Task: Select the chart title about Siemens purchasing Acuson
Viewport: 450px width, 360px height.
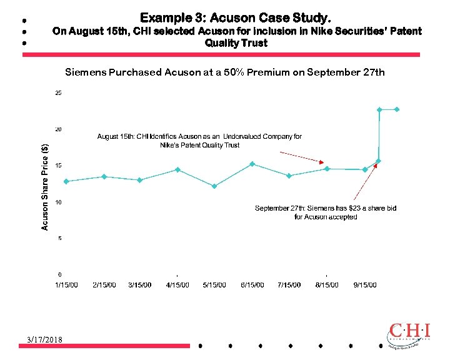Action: pyautogui.click(x=225, y=72)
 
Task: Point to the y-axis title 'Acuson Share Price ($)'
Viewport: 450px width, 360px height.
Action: pyautogui.click(x=45, y=187)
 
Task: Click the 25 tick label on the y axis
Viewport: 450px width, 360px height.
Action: pyautogui.click(x=58, y=93)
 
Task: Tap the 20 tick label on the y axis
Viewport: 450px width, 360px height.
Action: pyautogui.click(x=58, y=129)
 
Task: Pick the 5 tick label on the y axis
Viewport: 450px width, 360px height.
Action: pyautogui.click(x=60, y=238)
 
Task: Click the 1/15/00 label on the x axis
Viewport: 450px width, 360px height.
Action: pyautogui.click(x=67, y=285)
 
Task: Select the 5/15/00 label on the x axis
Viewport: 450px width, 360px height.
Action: pyautogui.click(x=214, y=285)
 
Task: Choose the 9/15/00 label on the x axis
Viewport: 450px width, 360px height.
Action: pyautogui.click(x=365, y=285)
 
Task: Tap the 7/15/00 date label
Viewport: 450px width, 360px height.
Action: pyautogui.click(x=289, y=285)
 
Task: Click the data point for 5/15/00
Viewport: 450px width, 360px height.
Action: pyautogui.click(x=214, y=186)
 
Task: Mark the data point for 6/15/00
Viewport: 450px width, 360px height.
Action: pyautogui.click(x=252, y=164)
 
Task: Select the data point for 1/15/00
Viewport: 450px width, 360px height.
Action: pyautogui.click(x=66, y=181)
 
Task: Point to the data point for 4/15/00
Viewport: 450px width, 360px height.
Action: pyautogui.click(x=177, y=169)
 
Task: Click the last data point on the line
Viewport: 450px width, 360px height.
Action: pyautogui.click(x=397, y=109)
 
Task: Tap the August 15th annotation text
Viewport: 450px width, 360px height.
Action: pyautogui.click(x=199, y=141)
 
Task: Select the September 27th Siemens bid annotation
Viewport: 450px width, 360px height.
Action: pyautogui.click(x=326, y=212)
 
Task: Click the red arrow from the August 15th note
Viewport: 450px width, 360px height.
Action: pyautogui.click(x=301, y=157)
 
